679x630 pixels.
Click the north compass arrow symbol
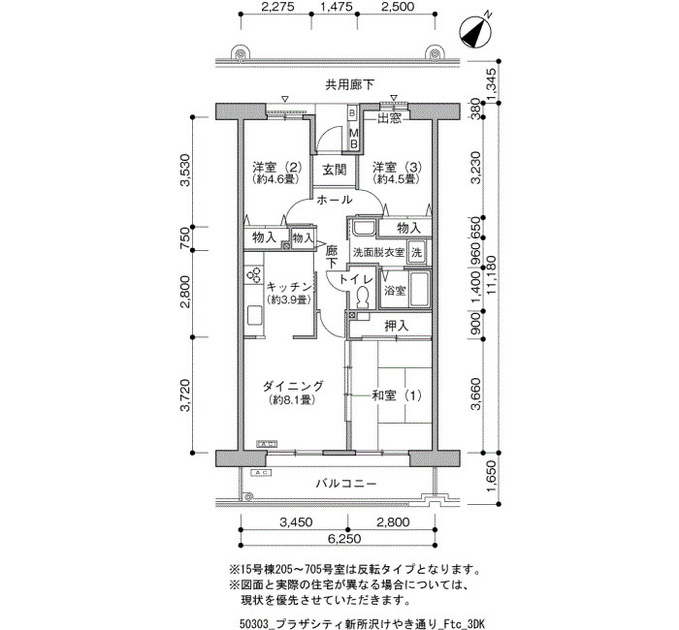475,32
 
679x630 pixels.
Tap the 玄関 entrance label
335,170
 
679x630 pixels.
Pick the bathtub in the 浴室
420,289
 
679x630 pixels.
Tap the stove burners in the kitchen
254,274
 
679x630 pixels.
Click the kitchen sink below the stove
254,316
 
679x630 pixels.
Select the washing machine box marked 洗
416,252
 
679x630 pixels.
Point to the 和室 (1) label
397,395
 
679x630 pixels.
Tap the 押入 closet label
396,327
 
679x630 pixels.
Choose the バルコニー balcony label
346,484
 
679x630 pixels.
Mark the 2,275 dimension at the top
278,7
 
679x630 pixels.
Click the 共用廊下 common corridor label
349,84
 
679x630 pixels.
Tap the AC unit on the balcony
261,473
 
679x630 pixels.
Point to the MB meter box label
353,139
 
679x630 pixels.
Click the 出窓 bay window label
390,118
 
